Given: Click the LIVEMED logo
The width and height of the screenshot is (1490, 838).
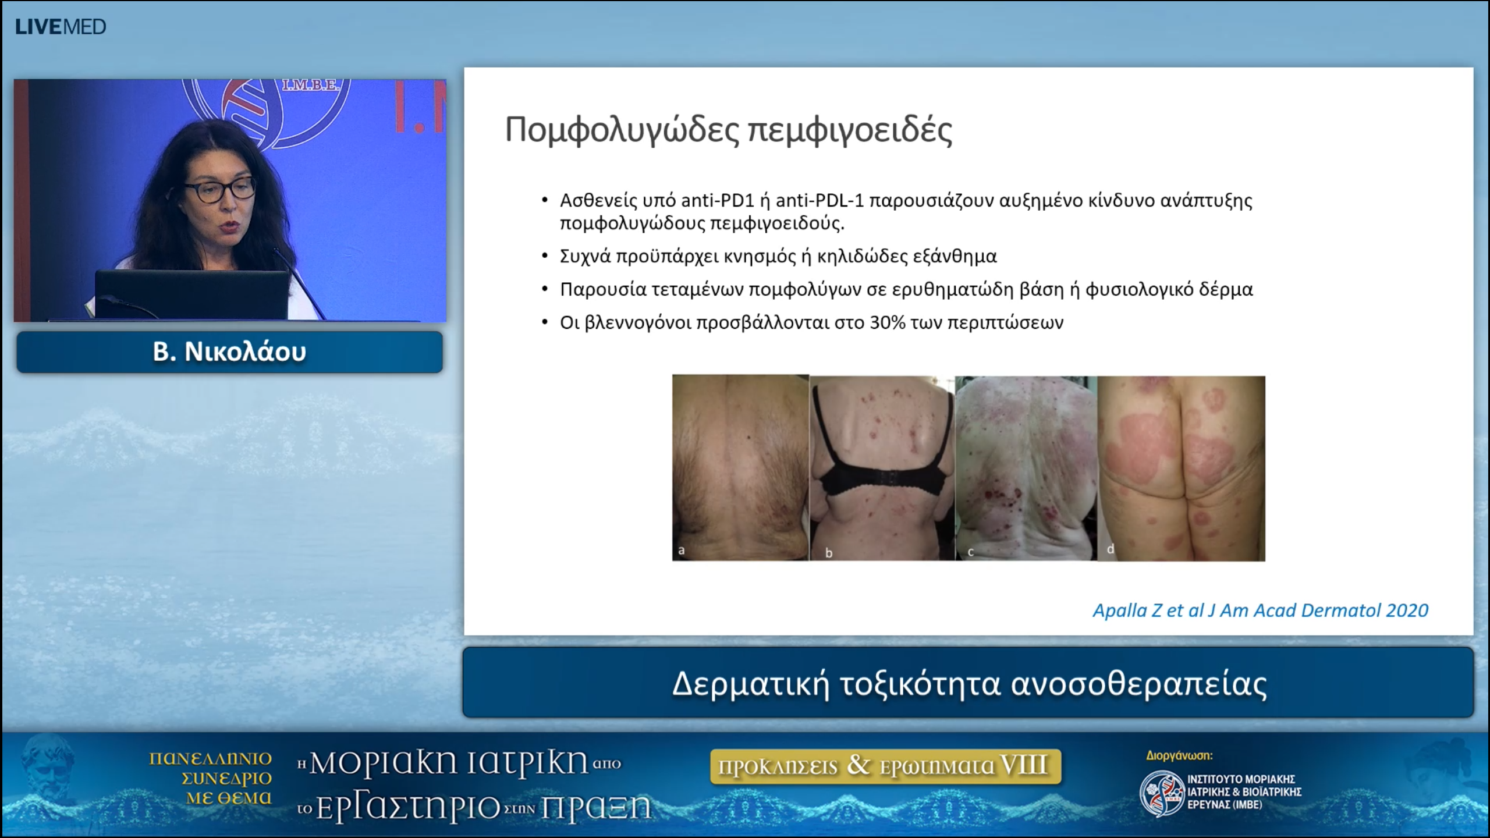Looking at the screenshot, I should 61,27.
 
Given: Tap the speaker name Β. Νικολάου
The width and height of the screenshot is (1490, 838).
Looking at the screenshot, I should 229,352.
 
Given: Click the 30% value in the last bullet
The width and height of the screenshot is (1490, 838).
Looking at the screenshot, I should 887,323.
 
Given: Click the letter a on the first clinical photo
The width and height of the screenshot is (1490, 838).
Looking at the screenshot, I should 682,550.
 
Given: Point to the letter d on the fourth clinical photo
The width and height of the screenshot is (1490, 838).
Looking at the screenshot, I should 1110,549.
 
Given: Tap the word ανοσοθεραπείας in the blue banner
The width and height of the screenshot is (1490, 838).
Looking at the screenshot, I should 1138,684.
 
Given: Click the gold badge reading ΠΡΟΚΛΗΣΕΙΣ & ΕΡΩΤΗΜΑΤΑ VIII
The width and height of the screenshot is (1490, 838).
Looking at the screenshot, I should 885,766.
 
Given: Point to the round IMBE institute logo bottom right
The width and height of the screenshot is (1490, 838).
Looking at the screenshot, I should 1161,793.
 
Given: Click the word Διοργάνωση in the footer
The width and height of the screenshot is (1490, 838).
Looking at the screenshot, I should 1179,756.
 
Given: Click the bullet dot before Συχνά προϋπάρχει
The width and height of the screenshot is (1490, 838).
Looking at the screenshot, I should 545,256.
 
